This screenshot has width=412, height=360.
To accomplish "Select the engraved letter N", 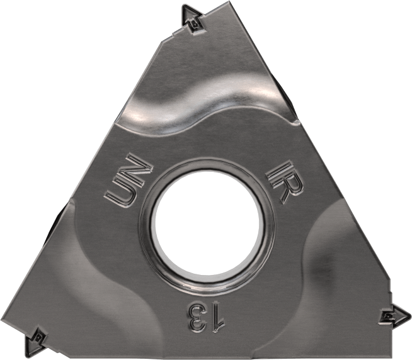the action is [137, 169].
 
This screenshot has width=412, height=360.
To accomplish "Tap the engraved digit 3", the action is [197, 317].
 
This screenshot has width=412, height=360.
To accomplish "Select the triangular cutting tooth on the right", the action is [395, 316].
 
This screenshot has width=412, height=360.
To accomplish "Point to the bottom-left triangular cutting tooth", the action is [35, 341].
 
